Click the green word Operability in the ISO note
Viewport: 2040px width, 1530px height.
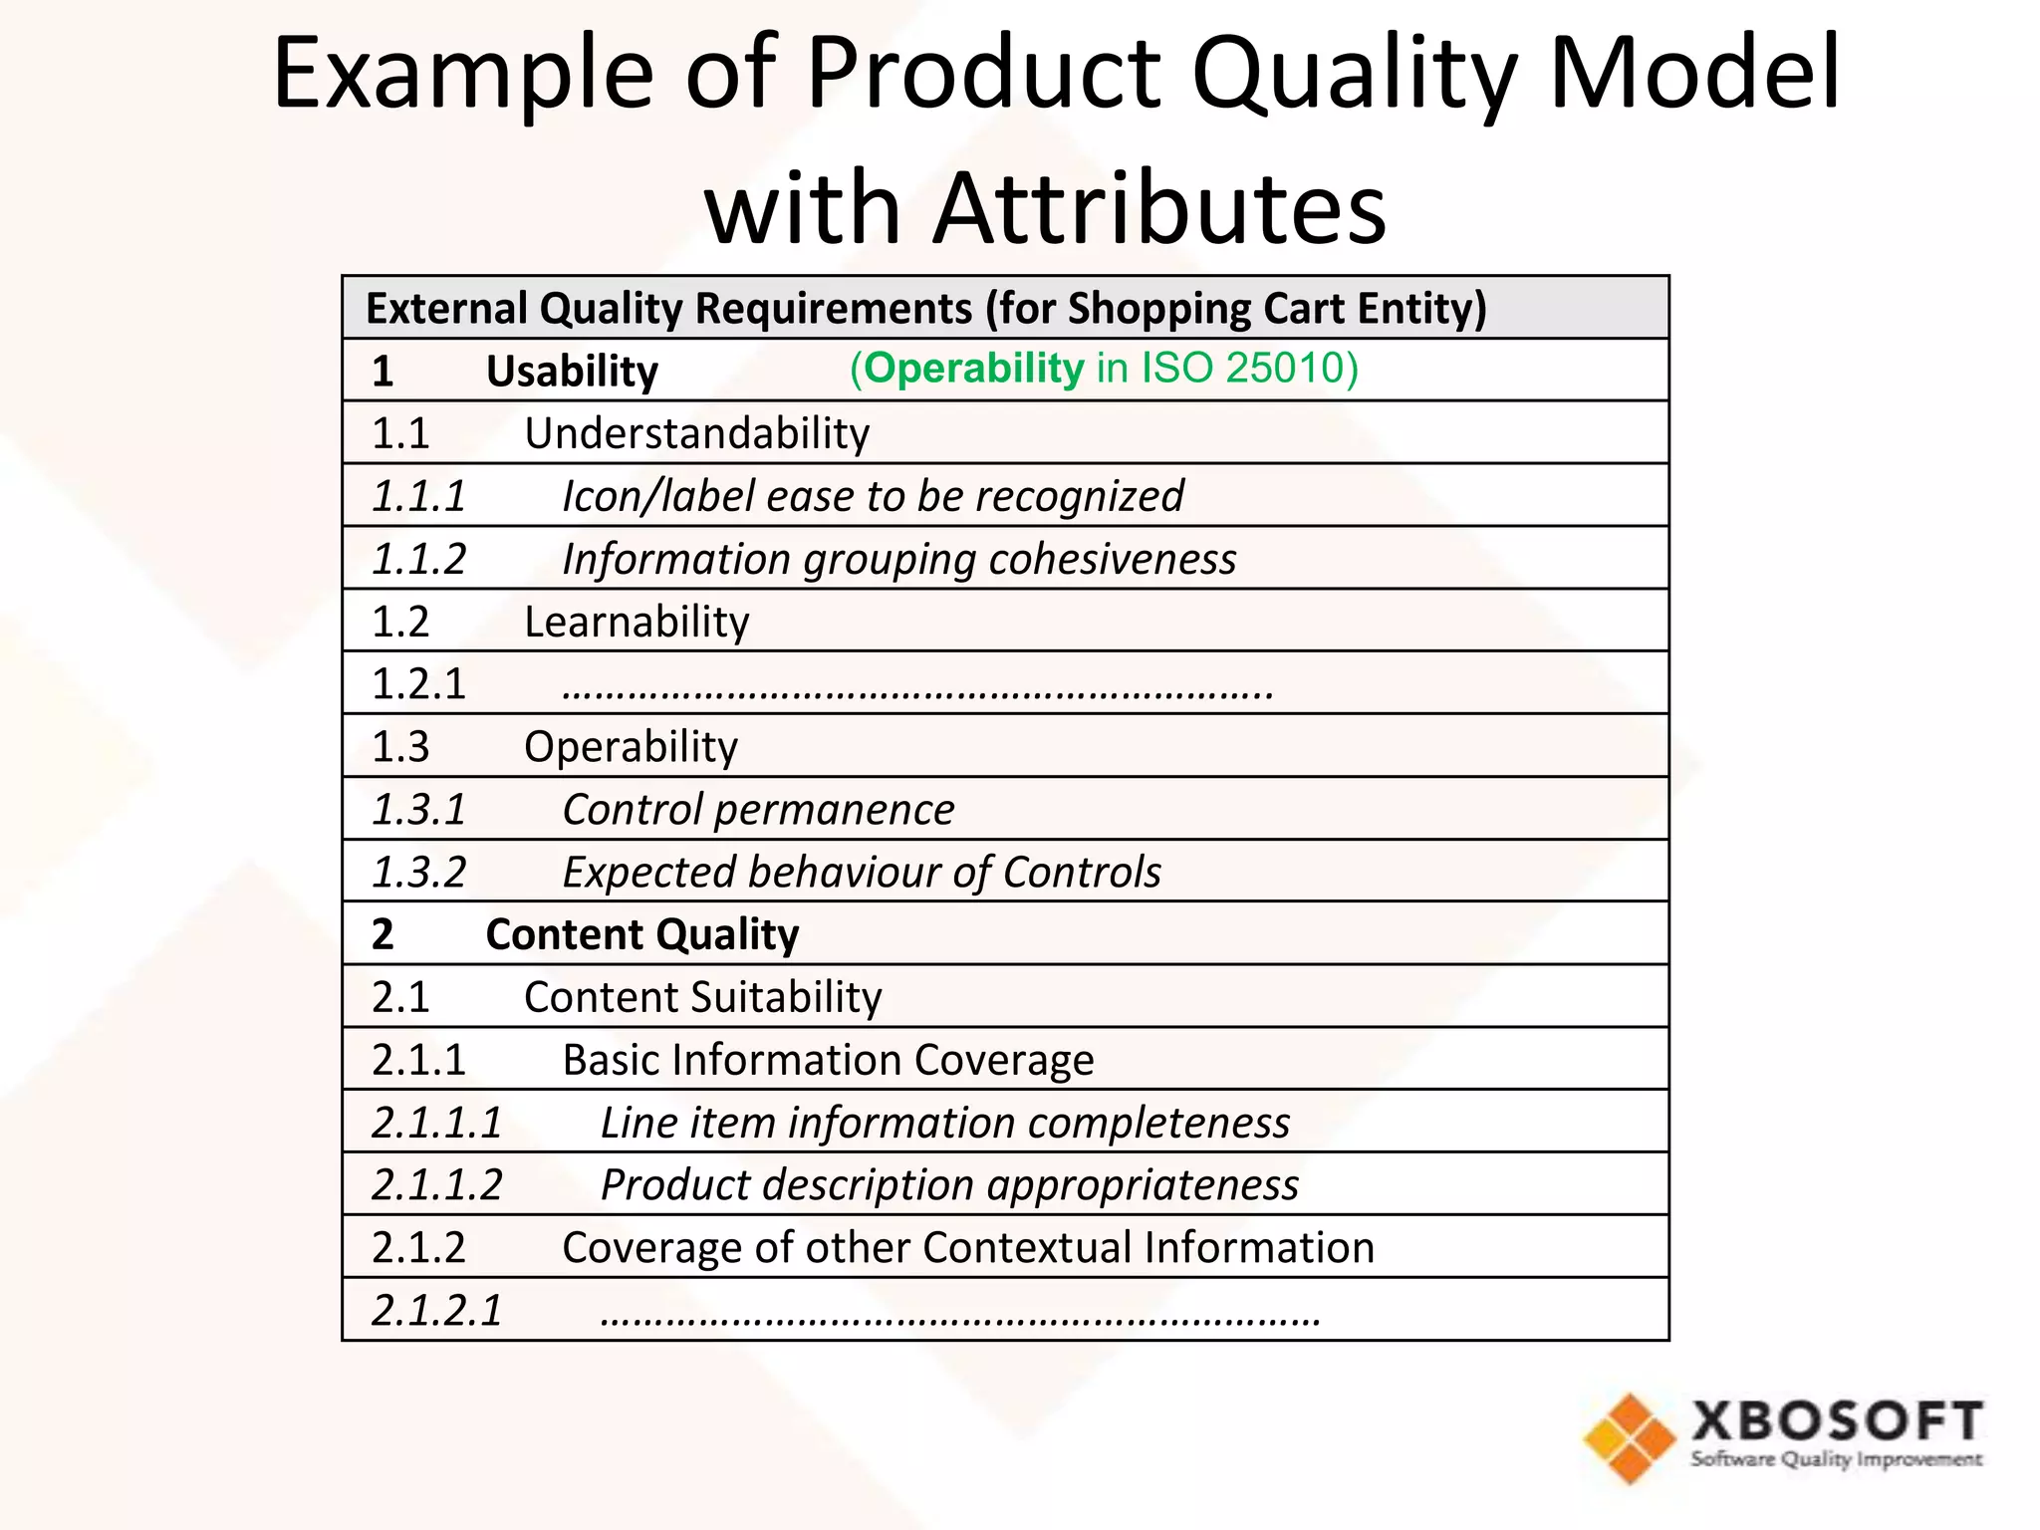(x=973, y=369)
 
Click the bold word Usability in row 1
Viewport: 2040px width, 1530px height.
(x=572, y=372)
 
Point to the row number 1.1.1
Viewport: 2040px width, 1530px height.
(x=418, y=496)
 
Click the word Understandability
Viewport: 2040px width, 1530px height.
(x=696, y=434)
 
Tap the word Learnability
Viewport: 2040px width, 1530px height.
(x=637, y=623)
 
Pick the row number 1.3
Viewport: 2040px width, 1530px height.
(x=400, y=747)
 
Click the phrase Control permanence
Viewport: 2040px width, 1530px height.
(x=758, y=810)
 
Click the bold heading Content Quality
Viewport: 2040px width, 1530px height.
(x=641, y=935)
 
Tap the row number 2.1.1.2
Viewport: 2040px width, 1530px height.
(x=436, y=1185)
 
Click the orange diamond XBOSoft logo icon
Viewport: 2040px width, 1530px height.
(x=1630, y=1437)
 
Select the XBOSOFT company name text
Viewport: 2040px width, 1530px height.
(x=1837, y=1421)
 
